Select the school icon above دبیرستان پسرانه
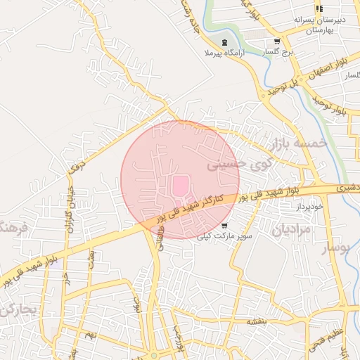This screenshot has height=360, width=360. (x=319, y=8)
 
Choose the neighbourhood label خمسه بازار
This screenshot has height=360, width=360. (x=298, y=143)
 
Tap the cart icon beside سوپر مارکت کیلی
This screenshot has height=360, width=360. (x=224, y=226)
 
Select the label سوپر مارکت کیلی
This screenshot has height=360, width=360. (x=224, y=237)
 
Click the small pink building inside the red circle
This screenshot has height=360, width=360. (x=180, y=186)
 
